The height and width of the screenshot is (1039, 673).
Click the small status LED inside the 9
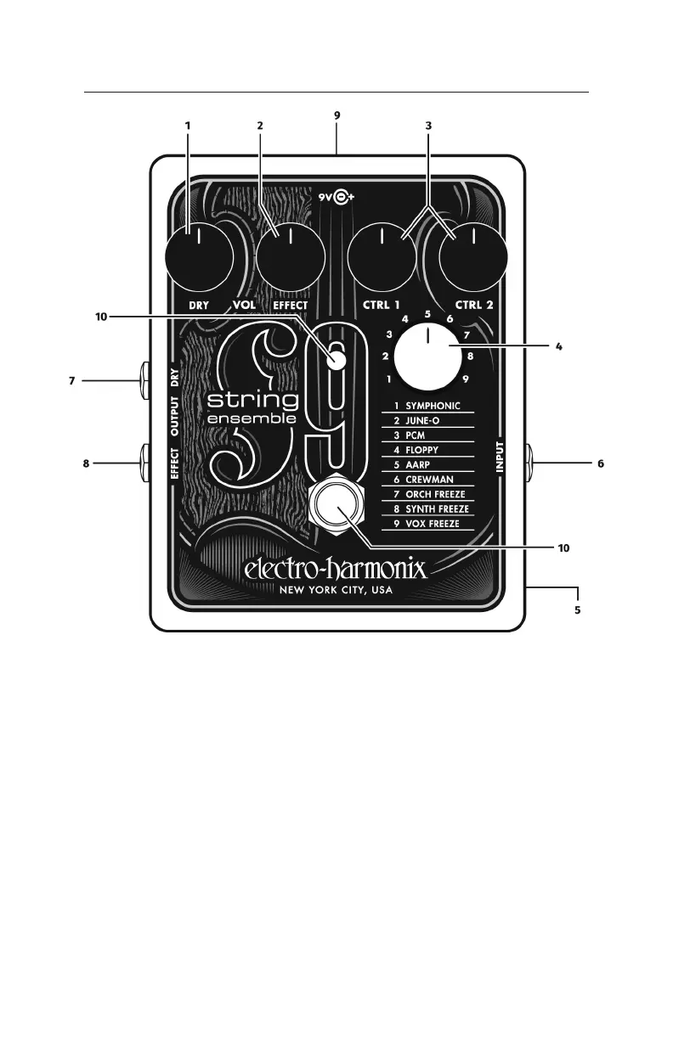point(338,360)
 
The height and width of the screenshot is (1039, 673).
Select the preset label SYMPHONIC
point(433,406)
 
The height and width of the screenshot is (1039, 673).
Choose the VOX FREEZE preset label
point(433,525)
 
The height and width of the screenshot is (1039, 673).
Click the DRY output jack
point(143,381)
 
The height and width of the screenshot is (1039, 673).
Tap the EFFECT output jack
point(143,463)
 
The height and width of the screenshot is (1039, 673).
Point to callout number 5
point(577,609)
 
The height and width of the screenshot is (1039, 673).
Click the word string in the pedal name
point(254,399)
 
